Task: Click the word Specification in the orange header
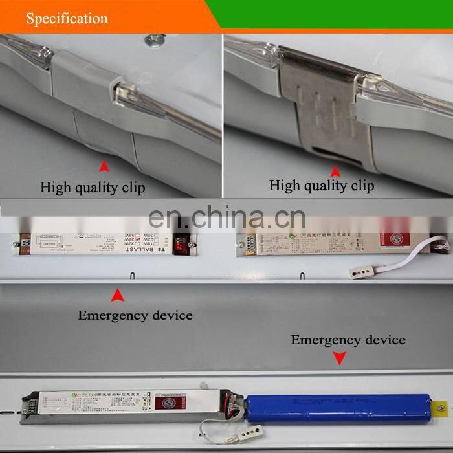pyautogui.click(x=67, y=19)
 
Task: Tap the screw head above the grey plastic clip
pyautogui.click(x=153, y=41)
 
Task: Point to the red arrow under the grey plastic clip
pyautogui.click(x=104, y=168)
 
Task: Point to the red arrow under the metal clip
pyautogui.click(x=335, y=171)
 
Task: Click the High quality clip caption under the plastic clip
pyautogui.click(x=93, y=188)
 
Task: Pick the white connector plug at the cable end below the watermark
pyautogui.click(x=359, y=272)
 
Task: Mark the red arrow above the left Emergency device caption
pyautogui.click(x=117, y=296)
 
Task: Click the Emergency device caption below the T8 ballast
pyautogui.click(x=135, y=316)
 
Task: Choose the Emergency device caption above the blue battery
pyautogui.click(x=348, y=340)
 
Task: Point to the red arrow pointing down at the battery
pyautogui.click(x=337, y=357)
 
